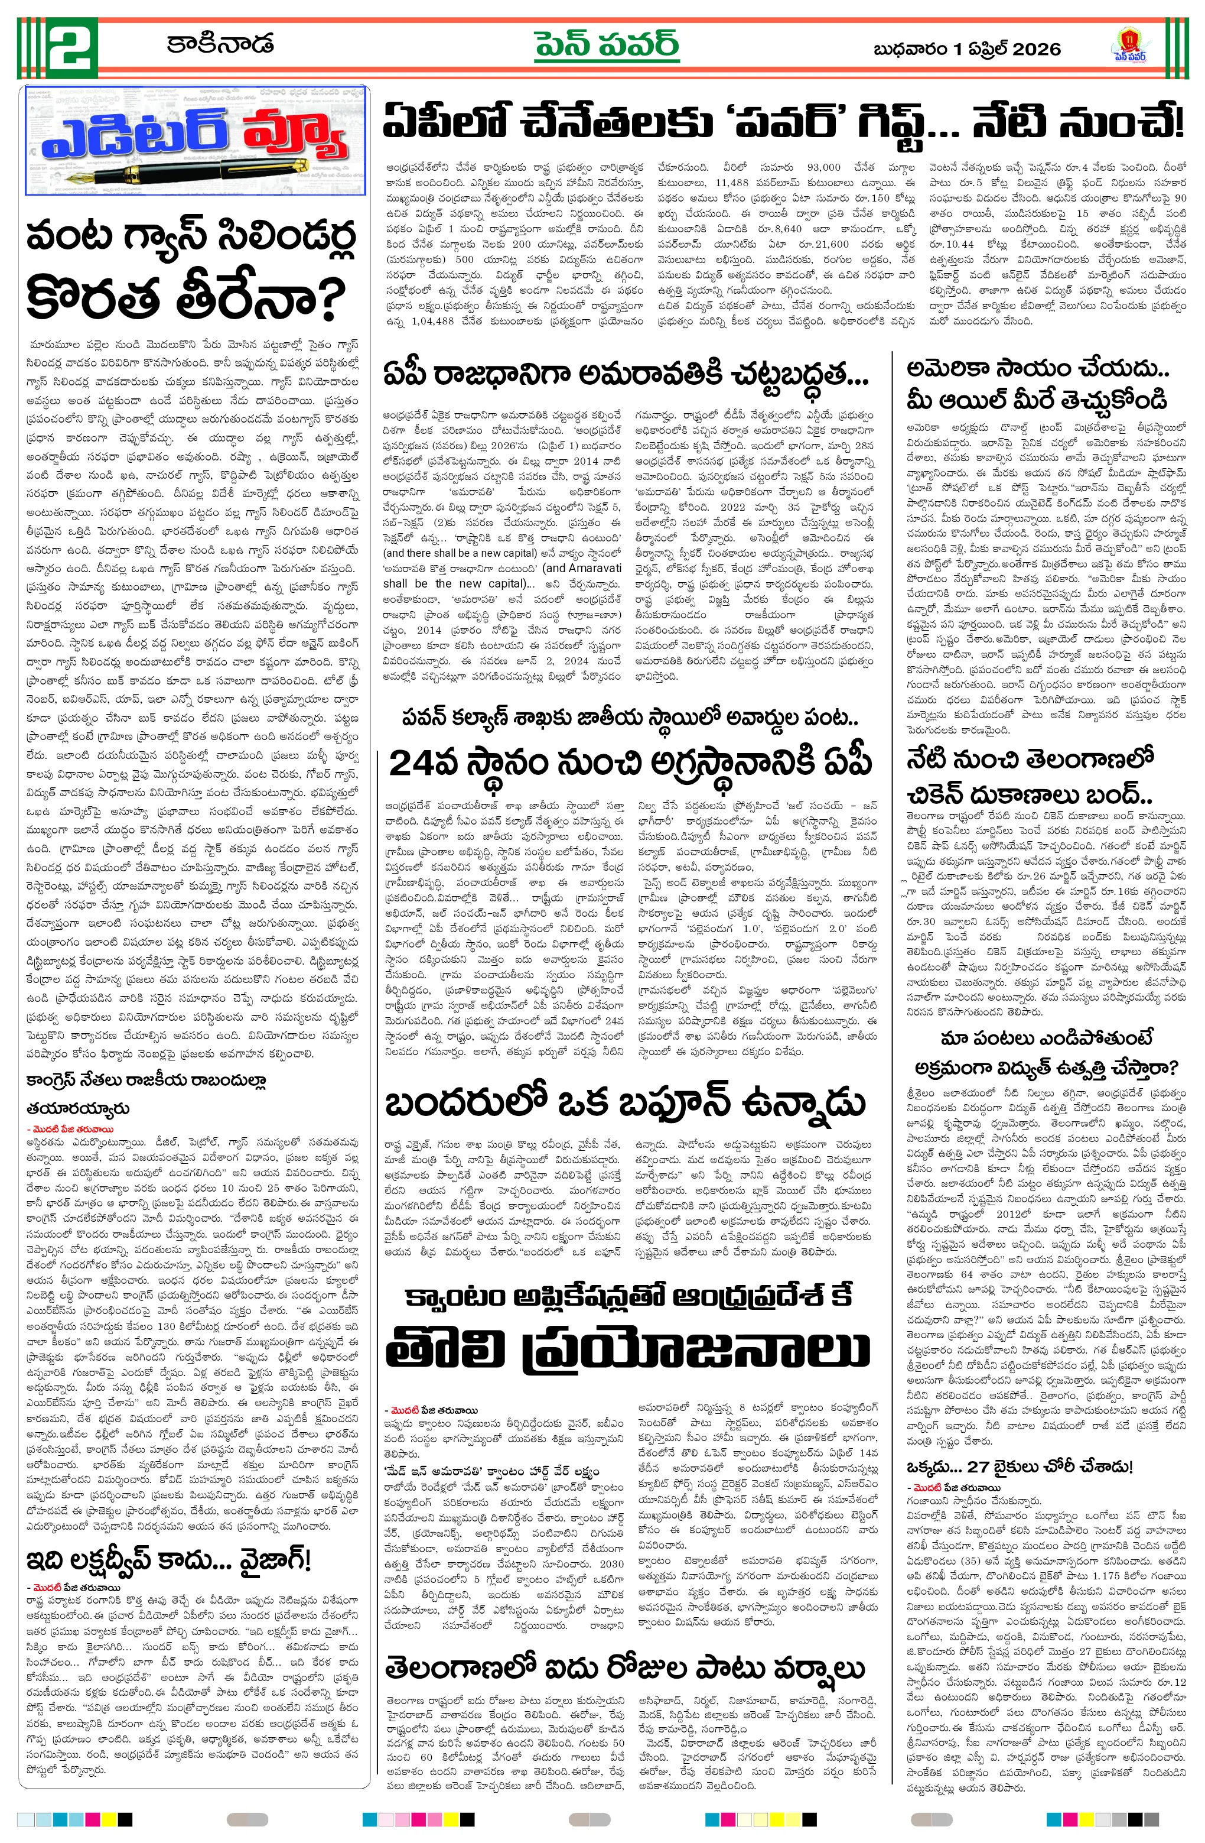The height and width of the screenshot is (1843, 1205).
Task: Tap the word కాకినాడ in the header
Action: [x=220, y=43]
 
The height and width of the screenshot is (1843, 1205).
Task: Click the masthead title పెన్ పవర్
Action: [x=606, y=45]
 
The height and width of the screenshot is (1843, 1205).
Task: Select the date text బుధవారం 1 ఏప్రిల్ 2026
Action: [x=966, y=50]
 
